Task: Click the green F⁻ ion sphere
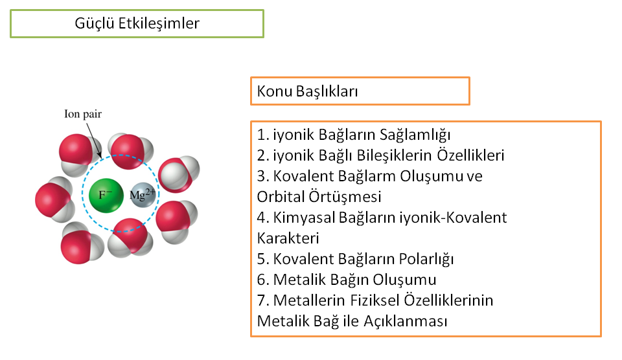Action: pos(106,195)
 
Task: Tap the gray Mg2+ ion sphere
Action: pos(143,195)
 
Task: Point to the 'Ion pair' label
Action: pos(83,114)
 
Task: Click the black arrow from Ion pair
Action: pos(94,141)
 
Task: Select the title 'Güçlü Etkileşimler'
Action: pos(137,23)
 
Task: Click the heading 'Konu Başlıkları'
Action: pos(307,91)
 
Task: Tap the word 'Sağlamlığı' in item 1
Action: pos(415,135)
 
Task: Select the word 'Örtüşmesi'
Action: pos(345,197)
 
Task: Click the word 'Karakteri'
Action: pos(288,238)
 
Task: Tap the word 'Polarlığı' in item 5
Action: pos(426,259)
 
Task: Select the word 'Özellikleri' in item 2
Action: pos(470,155)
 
